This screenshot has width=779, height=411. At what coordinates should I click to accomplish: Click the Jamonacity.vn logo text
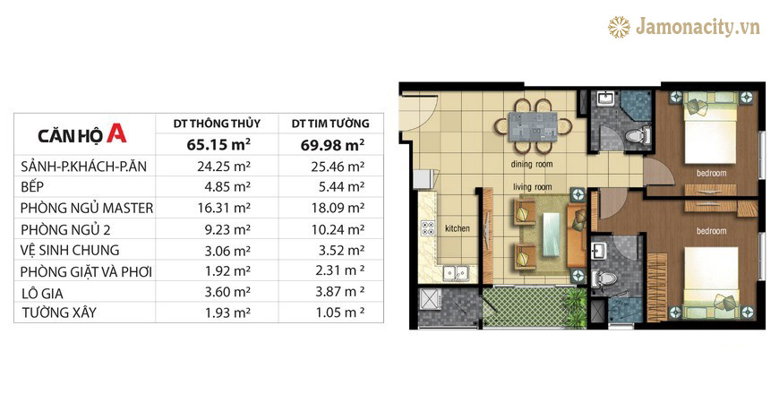tap(698, 27)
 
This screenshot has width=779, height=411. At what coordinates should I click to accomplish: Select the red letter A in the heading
tap(116, 133)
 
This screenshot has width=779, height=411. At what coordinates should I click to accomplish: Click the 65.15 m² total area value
tap(218, 145)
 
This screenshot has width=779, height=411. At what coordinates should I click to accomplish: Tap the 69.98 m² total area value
tap(332, 145)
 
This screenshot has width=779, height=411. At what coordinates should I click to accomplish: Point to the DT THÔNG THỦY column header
tap(217, 124)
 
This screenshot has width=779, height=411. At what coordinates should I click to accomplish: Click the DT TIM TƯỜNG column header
tap(330, 124)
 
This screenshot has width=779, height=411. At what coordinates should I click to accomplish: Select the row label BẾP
tap(32, 187)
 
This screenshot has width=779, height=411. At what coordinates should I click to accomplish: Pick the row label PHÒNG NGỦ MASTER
tap(87, 208)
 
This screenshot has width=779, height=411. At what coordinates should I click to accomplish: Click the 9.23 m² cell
tap(227, 229)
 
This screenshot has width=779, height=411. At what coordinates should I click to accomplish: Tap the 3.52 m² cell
tap(341, 251)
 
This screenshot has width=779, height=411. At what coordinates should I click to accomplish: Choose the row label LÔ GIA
tap(42, 294)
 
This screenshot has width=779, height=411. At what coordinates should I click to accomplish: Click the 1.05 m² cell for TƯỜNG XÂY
tap(340, 313)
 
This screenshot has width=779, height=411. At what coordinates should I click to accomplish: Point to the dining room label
tap(532, 164)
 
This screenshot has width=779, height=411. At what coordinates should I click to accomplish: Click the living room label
tap(533, 187)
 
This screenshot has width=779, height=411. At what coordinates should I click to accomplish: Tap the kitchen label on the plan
tap(457, 228)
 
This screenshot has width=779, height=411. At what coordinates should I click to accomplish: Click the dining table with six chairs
tap(533, 126)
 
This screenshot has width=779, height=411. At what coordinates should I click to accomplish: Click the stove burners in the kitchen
tap(428, 228)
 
